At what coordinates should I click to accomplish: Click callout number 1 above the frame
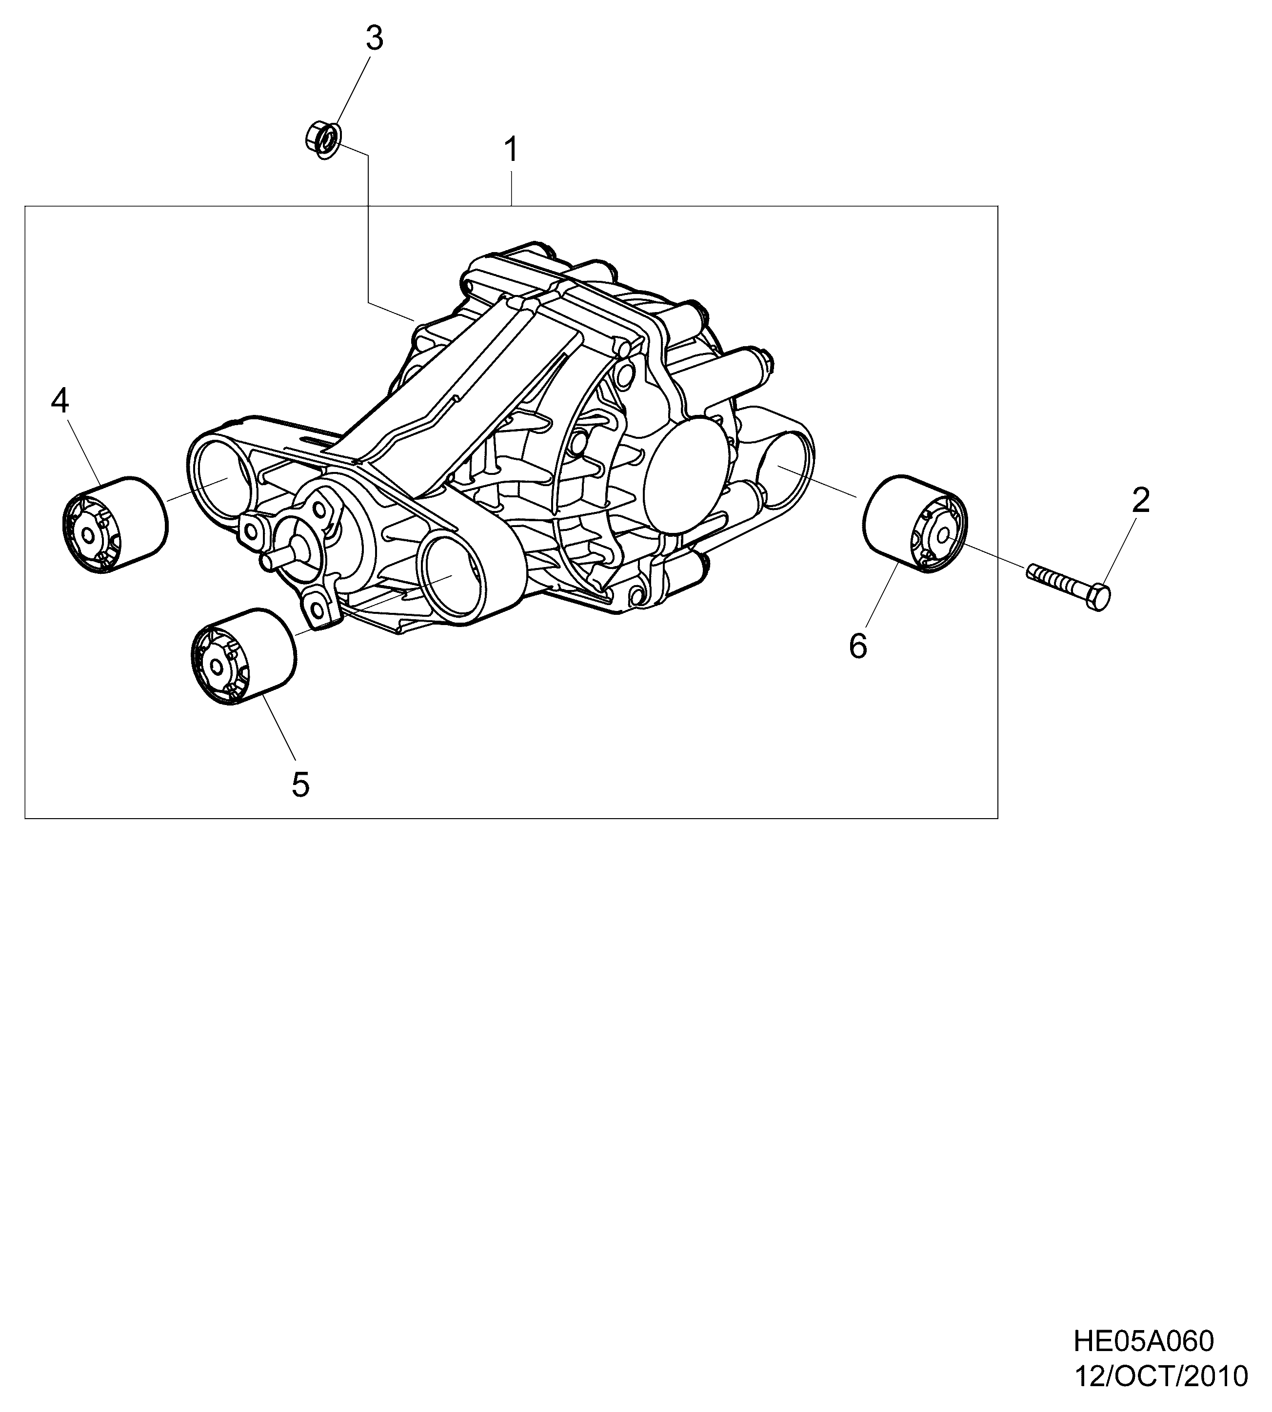512,150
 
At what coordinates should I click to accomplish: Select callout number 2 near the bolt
1141,500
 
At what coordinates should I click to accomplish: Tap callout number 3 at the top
375,39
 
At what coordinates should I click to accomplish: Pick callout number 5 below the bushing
300,784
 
